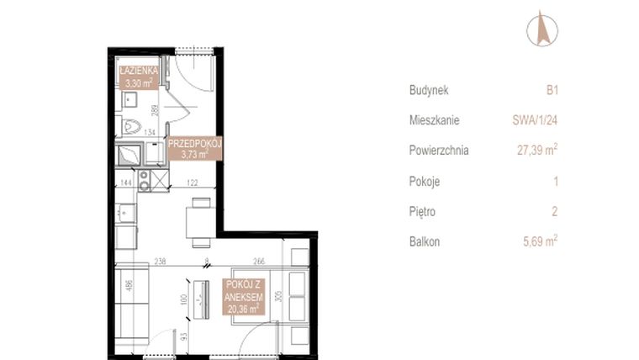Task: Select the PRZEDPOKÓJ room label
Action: [194, 149]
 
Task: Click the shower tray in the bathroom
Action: [129, 156]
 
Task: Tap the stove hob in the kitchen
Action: [144, 180]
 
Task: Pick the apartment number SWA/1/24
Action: [536, 120]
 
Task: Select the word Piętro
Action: [423, 211]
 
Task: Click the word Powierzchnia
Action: [439, 151]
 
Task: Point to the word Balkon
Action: [425, 241]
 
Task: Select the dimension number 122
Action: [193, 183]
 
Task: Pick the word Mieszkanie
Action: [434, 120]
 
